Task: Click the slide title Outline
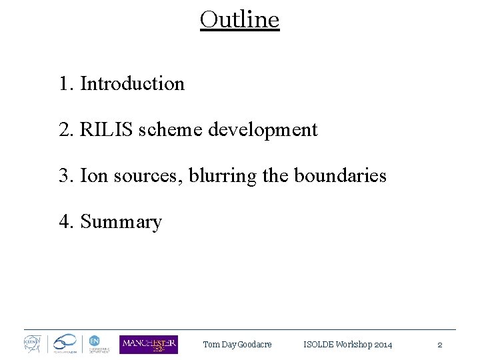239,19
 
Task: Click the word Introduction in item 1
132,84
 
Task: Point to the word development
263,130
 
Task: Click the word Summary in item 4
121,222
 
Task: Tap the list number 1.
65,84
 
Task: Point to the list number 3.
65,175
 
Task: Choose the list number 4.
65,221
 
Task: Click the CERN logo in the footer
33,344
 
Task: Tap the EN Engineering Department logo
95,344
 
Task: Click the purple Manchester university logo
149,344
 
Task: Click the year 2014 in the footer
383,345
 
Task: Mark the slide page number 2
439,345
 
